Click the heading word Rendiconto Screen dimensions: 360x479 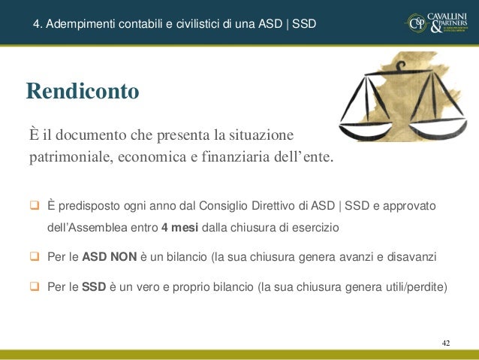pos(83,92)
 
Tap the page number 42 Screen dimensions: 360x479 pos(446,343)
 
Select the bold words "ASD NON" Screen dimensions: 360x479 pos(109,258)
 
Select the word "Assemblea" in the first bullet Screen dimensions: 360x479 pos(95,227)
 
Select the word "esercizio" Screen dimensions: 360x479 pos(318,227)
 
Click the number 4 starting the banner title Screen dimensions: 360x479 pos(36,24)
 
